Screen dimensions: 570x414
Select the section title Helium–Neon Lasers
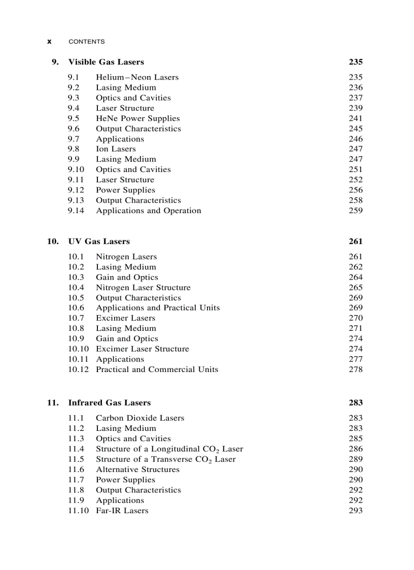point(137,77)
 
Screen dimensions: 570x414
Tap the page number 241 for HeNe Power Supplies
point(356,118)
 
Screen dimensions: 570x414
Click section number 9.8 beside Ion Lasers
point(74,149)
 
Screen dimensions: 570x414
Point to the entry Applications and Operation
point(148,211)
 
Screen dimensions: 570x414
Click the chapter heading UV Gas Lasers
point(98,242)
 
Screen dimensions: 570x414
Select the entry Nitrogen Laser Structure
point(143,287)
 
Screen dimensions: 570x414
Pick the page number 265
point(356,287)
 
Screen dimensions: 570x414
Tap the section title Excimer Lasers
point(125,318)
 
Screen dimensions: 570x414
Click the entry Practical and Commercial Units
point(157,370)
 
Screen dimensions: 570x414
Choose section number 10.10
point(79,349)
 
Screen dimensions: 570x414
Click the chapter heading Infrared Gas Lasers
point(109,403)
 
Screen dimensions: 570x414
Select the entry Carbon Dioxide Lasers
point(140,418)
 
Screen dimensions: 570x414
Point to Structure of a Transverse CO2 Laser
point(165,459)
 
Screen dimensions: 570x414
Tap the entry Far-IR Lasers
point(122,511)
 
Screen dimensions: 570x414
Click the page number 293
point(356,511)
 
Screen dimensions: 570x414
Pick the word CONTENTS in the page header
point(86,42)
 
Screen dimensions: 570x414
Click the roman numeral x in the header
point(49,41)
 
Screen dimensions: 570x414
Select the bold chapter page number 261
point(356,242)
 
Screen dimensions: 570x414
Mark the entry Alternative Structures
point(137,470)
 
